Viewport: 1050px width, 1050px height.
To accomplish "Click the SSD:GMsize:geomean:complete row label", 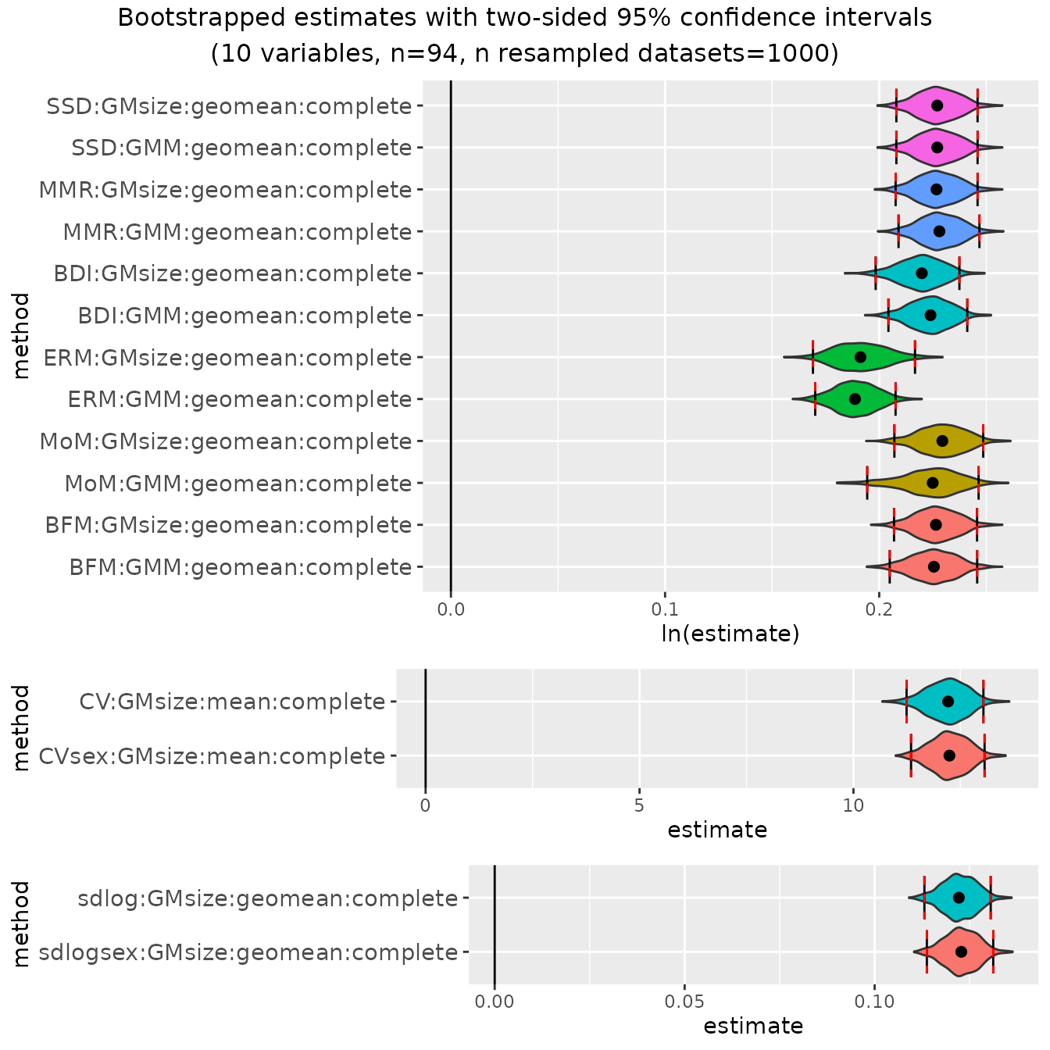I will [x=229, y=106].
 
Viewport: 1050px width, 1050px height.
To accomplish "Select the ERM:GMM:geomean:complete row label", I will [x=239, y=400].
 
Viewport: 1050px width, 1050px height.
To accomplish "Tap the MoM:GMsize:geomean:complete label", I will [x=226, y=442].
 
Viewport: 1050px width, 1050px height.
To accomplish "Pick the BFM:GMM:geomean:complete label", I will [x=240, y=568].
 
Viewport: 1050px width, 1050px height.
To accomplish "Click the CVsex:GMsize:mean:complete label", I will [x=212, y=757].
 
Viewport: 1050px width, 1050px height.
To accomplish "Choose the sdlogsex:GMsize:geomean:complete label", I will [x=248, y=953].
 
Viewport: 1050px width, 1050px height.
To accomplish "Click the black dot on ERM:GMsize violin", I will [x=860, y=357].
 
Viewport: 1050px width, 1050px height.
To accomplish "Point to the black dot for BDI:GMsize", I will [x=922, y=273].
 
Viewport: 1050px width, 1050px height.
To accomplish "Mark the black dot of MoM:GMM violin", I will [x=932, y=483].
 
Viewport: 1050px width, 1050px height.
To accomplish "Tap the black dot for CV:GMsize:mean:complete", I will [x=948, y=702].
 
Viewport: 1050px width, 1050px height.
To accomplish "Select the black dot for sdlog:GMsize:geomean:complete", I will [x=959, y=898].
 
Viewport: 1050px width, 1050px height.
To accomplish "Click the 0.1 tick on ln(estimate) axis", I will [x=665, y=609].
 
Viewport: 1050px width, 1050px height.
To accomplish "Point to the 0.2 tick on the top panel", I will [x=879, y=609].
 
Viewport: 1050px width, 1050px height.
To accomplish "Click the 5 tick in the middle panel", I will [x=639, y=805].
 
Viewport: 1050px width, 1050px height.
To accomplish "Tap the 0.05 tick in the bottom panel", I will [x=684, y=1002].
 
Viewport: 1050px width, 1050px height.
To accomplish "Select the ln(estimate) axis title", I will [x=730, y=634].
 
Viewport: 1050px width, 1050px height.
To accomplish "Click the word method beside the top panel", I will [x=21, y=336].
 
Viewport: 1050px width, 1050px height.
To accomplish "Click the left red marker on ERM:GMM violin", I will [x=815, y=399].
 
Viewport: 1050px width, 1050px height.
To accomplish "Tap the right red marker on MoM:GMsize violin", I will [x=983, y=441].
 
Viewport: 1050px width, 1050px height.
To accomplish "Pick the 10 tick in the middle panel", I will [x=853, y=805].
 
